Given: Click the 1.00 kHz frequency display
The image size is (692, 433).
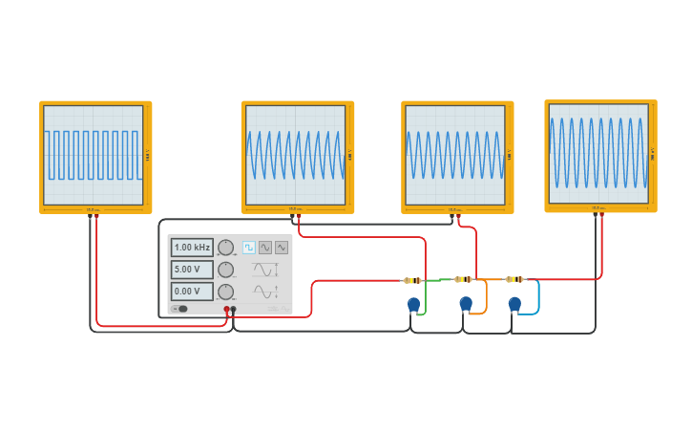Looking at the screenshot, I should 192,248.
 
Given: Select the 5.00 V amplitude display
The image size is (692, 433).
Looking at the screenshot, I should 192,270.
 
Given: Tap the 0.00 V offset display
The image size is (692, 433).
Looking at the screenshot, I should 192,292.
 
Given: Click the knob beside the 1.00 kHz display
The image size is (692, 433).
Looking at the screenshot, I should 226,248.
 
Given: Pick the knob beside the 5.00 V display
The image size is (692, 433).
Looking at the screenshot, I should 226,270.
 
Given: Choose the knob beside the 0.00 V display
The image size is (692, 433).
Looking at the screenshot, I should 226,292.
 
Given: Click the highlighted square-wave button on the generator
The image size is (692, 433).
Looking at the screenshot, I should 249,248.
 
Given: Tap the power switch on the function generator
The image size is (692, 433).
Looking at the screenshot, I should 180,309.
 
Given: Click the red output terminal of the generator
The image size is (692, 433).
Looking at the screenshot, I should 226,310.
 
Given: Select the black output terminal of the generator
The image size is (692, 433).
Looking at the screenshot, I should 234,310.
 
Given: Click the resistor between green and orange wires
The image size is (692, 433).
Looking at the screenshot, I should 463,280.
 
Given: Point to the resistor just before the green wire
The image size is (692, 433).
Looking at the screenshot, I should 412,280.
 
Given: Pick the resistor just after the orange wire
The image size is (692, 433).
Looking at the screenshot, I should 514,280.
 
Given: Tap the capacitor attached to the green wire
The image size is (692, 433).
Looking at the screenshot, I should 413,305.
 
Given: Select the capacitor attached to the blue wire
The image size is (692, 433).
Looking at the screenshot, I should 514,305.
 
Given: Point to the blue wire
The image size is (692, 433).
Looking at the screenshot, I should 537,297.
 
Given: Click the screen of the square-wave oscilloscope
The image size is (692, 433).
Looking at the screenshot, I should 94,155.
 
